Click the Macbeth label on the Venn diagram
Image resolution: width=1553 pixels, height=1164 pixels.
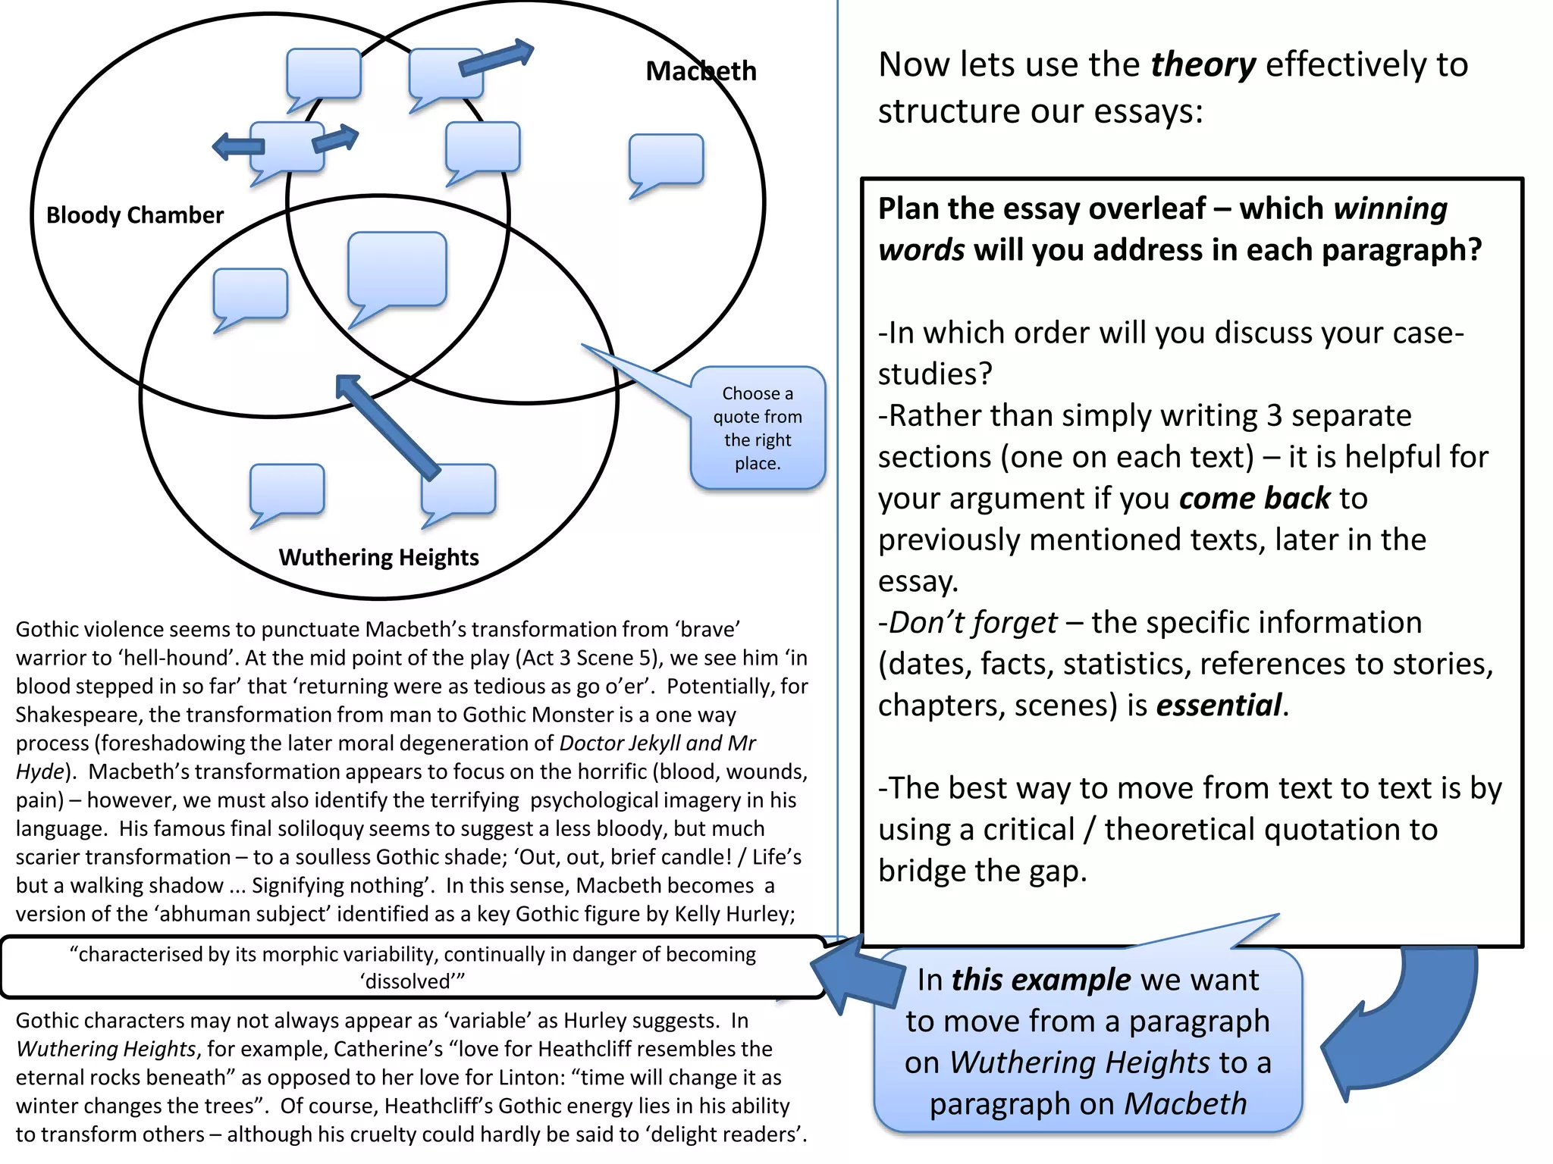[701, 71]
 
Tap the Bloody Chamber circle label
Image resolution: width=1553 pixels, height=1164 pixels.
[135, 215]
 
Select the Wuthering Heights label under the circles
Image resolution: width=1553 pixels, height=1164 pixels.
[378, 558]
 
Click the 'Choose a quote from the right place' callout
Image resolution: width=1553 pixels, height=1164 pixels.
[757, 428]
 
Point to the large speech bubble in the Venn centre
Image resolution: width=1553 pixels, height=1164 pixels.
[397, 270]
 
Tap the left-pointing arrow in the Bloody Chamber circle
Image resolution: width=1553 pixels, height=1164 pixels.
[237, 145]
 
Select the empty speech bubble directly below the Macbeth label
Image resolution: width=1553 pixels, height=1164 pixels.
[666, 160]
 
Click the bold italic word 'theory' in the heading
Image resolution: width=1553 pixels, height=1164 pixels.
[1203, 65]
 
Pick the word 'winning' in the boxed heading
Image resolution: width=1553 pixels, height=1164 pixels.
[1390, 209]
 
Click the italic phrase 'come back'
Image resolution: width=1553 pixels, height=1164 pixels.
[1254, 499]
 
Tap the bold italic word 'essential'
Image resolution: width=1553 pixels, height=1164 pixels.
[1219, 706]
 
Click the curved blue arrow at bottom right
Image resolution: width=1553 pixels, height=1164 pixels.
[1403, 1031]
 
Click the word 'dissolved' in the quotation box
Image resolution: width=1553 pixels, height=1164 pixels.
[408, 982]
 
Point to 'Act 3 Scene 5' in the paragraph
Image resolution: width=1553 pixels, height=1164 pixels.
[591, 658]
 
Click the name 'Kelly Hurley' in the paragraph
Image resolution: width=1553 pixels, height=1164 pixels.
[733, 915]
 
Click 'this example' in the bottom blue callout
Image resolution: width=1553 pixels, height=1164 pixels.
[1040, 981]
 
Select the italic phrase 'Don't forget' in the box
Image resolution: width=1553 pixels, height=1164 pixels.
[972, 623]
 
